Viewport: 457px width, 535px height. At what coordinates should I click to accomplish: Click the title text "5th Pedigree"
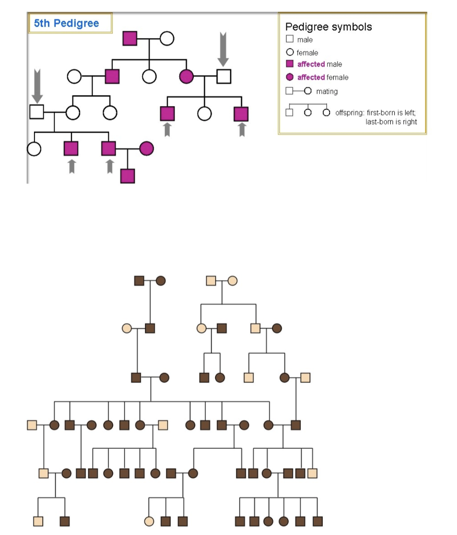tap(66, 24)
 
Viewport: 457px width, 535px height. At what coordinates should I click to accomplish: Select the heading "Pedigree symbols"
tap(329, 27)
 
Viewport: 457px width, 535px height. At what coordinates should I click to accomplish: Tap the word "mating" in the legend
tap(327, 91)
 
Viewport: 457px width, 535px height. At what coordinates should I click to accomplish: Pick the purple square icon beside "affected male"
tap(289, 64)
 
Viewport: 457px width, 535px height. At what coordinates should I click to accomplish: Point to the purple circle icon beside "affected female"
tap(289, 77)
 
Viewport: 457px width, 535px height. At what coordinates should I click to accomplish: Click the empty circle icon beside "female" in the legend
tap(289, 52)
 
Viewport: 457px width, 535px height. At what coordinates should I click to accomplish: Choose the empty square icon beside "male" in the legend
tap(289, 40)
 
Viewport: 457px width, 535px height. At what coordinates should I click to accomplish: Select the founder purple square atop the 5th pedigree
tap(130, 38)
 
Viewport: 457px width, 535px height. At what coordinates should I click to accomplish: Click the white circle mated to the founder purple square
tap(167, 38)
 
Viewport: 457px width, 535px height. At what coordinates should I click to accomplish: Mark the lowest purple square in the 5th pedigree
tap(127, 176)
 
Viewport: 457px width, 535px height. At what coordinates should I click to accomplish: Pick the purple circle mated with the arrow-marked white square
tap(186, 77)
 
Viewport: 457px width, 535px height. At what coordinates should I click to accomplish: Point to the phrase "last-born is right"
tap(391, 122)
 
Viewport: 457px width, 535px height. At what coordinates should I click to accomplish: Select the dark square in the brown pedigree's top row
tap(139, 281)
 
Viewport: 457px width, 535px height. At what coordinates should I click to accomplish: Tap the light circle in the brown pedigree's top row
tap(232, 281)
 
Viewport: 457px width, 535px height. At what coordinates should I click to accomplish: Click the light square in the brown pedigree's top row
tap(211, 281)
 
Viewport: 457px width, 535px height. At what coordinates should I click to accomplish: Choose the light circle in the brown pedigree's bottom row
tap(149, 521)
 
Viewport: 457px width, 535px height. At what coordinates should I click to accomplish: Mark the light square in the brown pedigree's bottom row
tap(38, 521)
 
